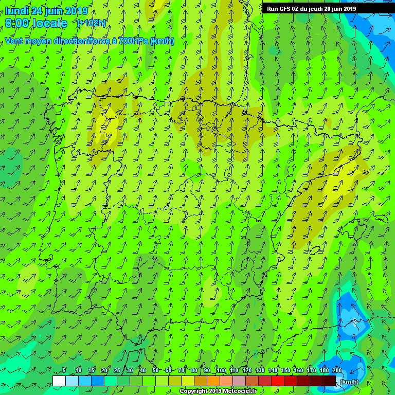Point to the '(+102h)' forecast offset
91,23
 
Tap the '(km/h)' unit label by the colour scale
350,381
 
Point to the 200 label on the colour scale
337,370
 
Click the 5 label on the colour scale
64,370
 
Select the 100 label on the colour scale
221,370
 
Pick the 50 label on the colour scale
155,370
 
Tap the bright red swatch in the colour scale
277,381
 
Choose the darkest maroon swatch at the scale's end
329,381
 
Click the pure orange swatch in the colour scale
213,381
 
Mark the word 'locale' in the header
50,23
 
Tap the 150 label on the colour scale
285,370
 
